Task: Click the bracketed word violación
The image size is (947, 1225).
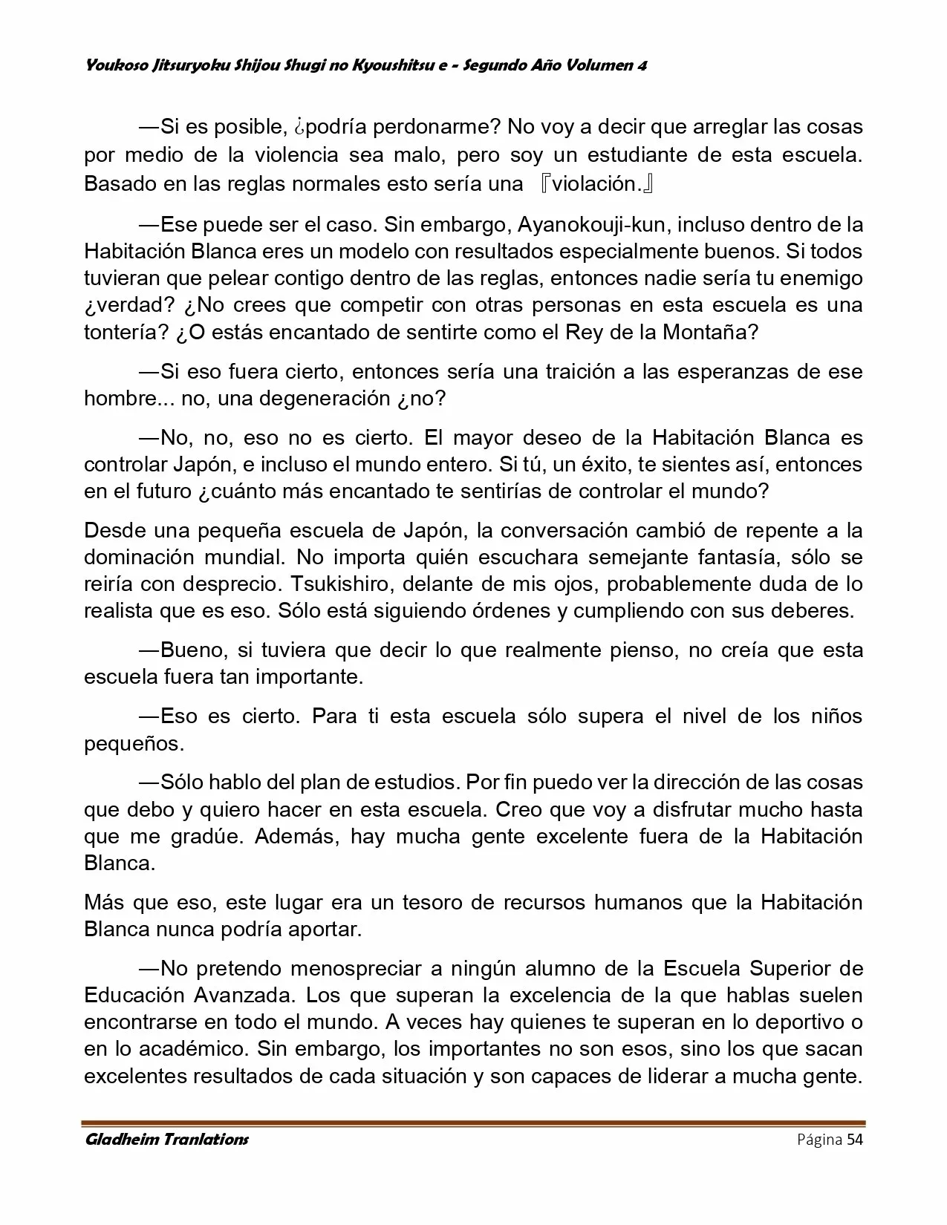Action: pos(596,183)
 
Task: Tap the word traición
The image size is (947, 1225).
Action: pos(577,371)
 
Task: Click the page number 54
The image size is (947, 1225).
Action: pos(855,1140)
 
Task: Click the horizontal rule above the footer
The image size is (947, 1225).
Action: pos(473,1123)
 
